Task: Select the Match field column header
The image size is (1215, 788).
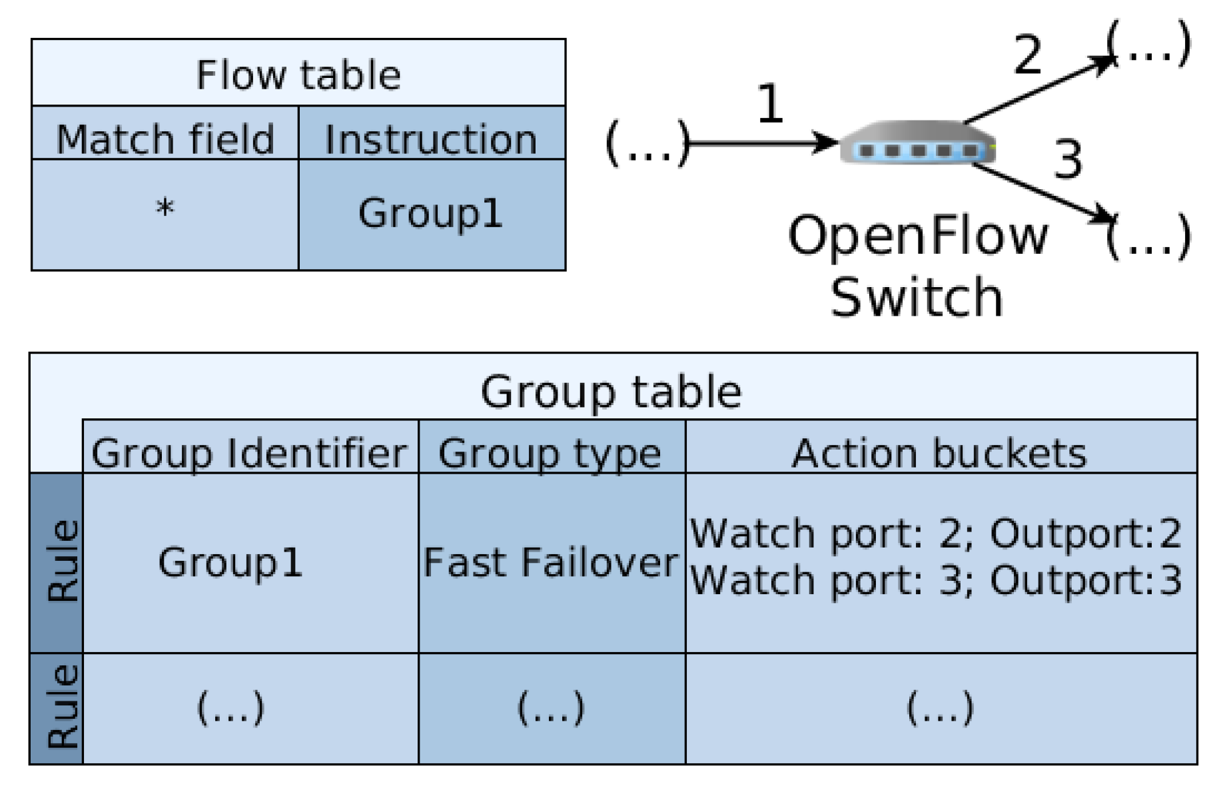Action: [x=165, y=139]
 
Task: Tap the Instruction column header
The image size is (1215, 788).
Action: [x=431, y=139]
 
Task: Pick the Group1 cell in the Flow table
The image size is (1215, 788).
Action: [x=430, y=213]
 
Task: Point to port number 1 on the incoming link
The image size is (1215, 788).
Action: [x=771, y=104]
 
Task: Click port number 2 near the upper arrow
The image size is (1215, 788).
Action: [x=1027, y=55]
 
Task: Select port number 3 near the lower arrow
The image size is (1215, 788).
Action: [x=1068, y=160]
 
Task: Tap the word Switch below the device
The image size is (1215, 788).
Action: [x=917, y=297]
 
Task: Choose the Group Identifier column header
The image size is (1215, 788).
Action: [x=249, y=454]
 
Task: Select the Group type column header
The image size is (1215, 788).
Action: [x=550, y=454]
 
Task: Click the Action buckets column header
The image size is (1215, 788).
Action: [x=939, y=454]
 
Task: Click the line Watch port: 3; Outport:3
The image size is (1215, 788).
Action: [x=936, y=580]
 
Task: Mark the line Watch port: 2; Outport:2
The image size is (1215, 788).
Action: [x=936, y=533]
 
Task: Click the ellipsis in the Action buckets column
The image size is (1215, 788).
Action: [x=940, y=707]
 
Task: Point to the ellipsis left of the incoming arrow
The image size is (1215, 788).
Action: [x=646, y=144]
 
